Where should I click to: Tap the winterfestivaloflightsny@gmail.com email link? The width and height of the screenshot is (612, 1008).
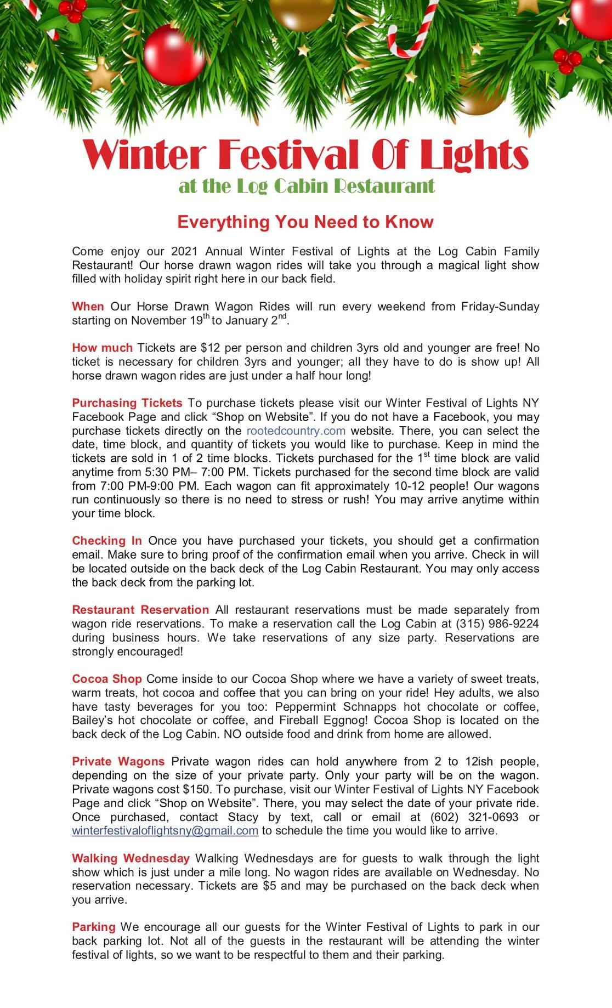pyautogui.click(x=165, y=831)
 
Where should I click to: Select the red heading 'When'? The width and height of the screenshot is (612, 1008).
pyautogui.click(x=88, y=307)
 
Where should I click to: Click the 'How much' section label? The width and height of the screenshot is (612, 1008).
pyautogui.click(x=102, y=348)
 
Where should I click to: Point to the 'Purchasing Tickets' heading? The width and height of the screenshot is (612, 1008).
pyautogui.click(x=127, y=403)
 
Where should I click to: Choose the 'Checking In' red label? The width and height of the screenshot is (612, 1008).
pyautogui.click(x=107, y=541)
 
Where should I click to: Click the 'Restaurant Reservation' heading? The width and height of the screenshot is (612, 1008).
pyautogui.click(x=140, y=610)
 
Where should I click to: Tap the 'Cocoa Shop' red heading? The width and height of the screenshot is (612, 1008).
pyautogui.click(x=107, y=679)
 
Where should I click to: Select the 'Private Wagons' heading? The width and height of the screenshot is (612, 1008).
pyautogui.click(x=118, y=762)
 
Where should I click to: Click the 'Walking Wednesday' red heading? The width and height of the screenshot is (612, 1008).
pyautogui.click(x=131, y=858)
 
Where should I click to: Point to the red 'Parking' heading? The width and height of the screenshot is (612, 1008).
pyautogui.click(x=94, y=927)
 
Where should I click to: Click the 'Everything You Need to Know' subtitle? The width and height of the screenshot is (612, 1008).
pyautogui.click(x=305, y=222)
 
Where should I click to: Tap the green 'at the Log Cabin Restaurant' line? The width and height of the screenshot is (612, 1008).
pyautogui.click(x=307, y=186)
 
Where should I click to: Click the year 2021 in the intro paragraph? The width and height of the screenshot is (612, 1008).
pyautogui.click(x=185, y=251)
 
